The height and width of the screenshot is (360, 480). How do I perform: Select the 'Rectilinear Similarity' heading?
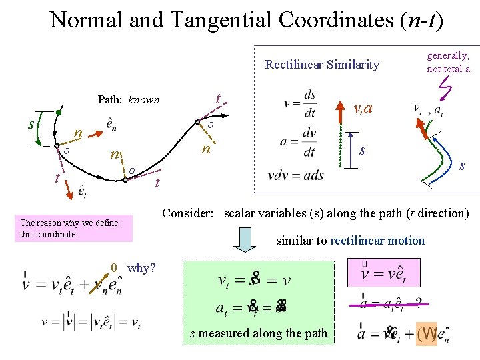[322, 65]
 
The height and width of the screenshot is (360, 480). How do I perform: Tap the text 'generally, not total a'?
[449, 62]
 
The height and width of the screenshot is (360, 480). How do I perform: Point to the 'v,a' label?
[363, 107]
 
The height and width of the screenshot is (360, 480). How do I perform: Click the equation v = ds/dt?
[300, 103]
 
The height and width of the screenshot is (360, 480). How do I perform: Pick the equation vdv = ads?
[296, 175]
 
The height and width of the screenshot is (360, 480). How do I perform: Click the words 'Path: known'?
[129, 99]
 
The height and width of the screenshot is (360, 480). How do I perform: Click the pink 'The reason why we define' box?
[76, 229]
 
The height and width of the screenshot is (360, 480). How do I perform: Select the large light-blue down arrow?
[246, 239]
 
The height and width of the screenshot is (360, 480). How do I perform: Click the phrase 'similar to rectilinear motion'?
[350, 241]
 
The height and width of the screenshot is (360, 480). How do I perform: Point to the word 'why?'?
[141, 268]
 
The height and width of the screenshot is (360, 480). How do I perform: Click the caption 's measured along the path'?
[259, 333]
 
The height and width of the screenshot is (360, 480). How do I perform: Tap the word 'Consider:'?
[188, 213]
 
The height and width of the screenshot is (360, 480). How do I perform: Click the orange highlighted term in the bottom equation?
[427, 332]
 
